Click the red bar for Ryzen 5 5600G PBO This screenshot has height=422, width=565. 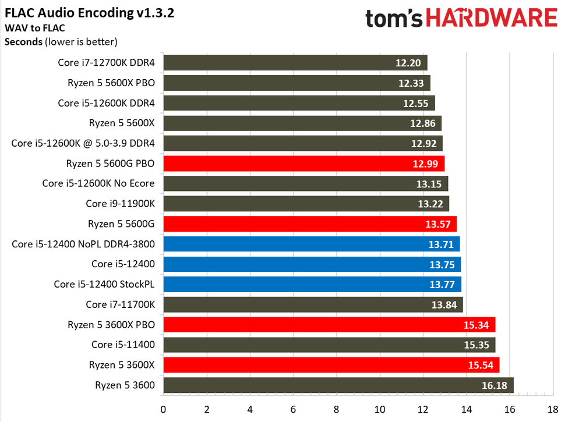pos(303,164)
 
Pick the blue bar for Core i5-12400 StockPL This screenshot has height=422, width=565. pos(312,284)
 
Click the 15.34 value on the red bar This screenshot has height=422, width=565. pos(476,324)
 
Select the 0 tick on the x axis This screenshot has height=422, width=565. pos(164,409)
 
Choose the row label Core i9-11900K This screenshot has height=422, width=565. pos(120,204)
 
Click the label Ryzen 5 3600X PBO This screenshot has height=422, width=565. pos(111,324)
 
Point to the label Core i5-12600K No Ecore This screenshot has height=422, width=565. pos(98,183)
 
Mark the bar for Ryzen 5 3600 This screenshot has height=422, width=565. pos(338,385)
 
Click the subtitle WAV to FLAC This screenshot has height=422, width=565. pos(33,27)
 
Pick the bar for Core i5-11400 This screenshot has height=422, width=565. pos(329,345)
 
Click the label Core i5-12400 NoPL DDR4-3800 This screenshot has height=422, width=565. pos(83,244)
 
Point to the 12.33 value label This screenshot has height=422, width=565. pos(411,83)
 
